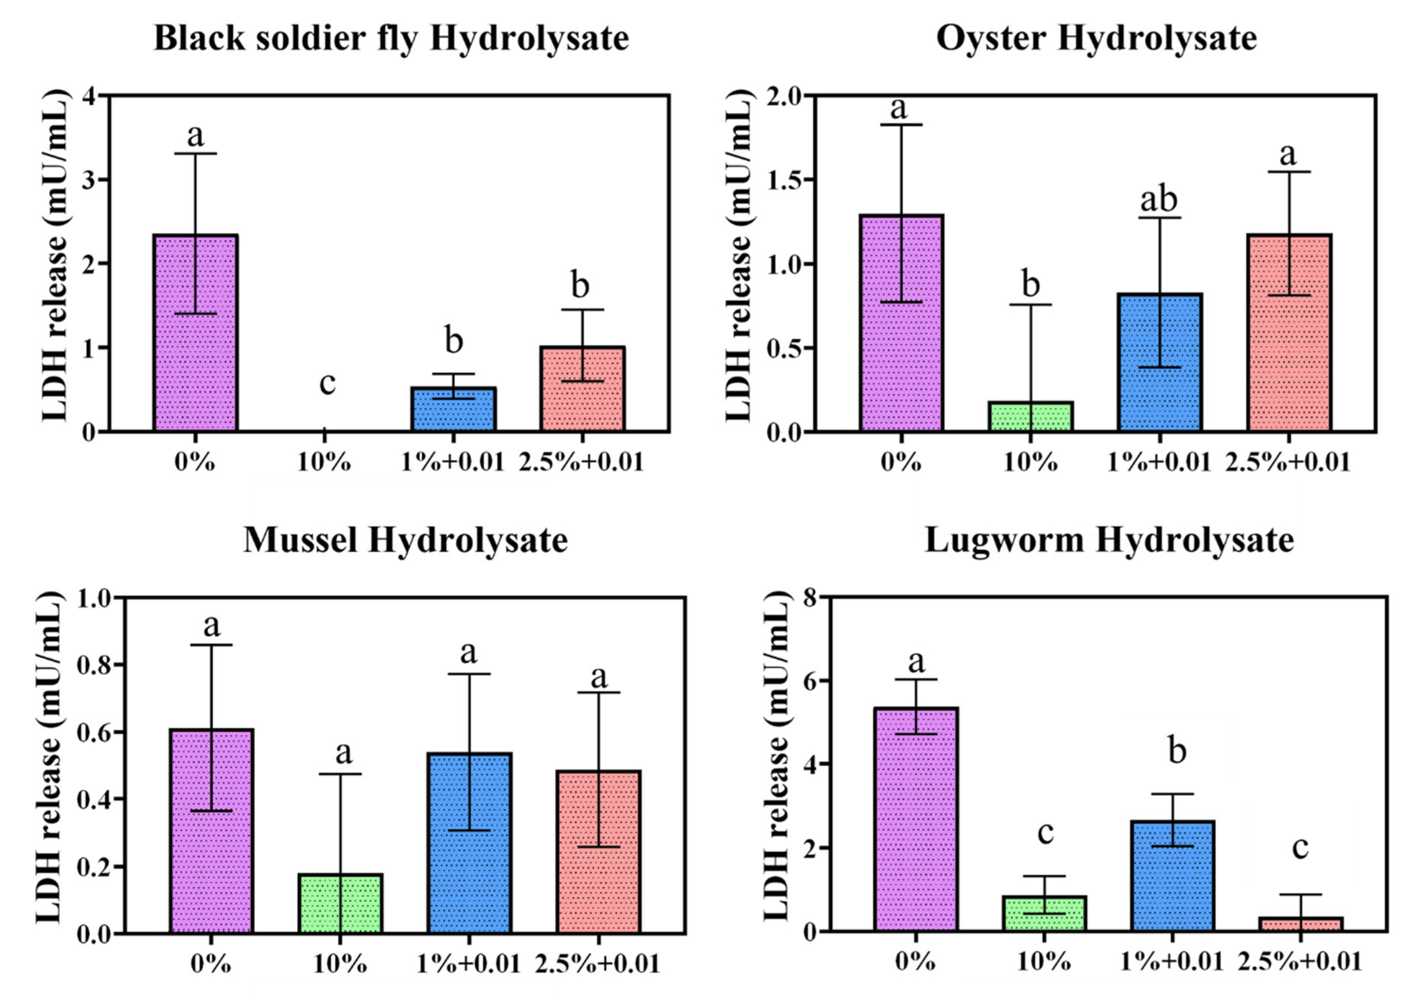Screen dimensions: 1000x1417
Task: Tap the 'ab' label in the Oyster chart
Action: [x=1158, y=199]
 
